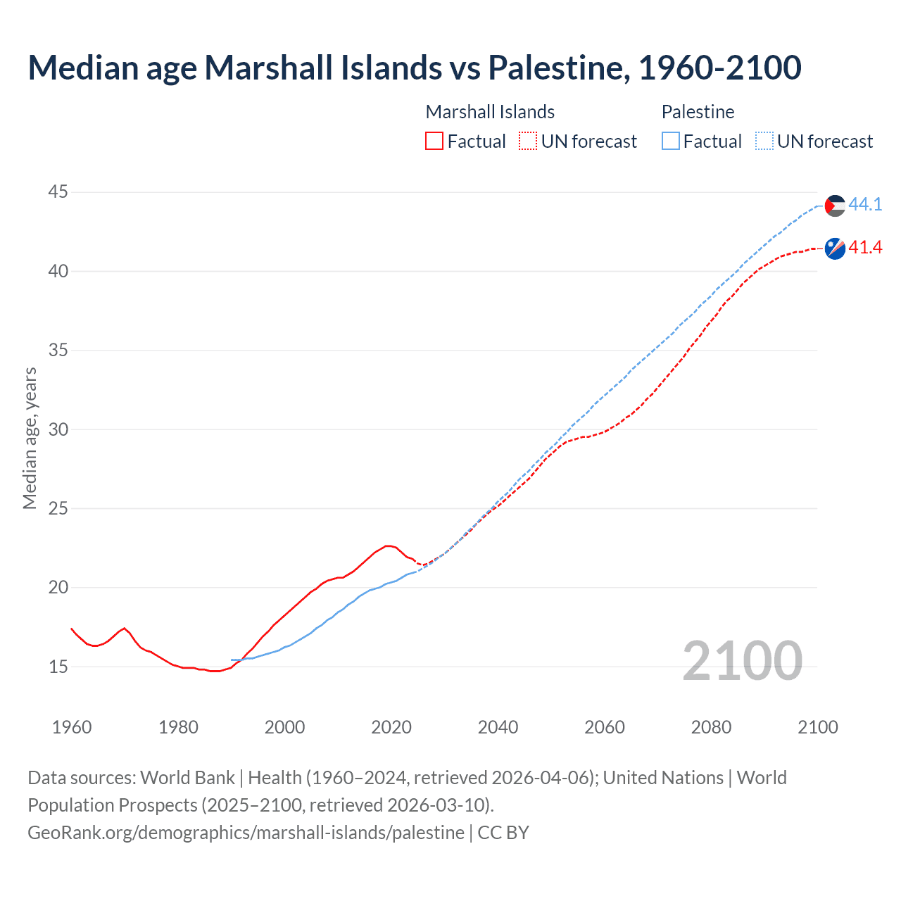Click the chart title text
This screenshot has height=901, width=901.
pyautogui.click(x=414, y=68)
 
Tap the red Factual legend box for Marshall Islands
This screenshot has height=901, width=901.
pyautogui.click(x=434, y=141)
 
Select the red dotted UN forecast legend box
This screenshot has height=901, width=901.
pyautogui.click(x=528, y=141)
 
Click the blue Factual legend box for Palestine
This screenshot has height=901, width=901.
pyautogui.click(x=671, y=141)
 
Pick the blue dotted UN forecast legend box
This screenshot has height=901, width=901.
pyautogui.click(x=764, y=141)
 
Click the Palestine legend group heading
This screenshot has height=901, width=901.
pyautogui.click(x=698, y=112)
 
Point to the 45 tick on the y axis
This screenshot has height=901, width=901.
pyautogui.click(x=58, y=191)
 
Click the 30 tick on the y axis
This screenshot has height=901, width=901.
pyautogui.click(x=58, y=429)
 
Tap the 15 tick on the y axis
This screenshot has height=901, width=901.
pyautogui.click(x=58, y=667)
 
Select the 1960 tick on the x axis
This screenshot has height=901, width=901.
pyautogui.click(x=72, y=727)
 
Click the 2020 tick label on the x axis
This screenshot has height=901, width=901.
pyautogui.click(x=391, y=727)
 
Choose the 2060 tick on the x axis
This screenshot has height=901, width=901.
pyautogui.click(x=605, y=727)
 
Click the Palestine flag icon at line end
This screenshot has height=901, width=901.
pyautogui.click(x=835, y=206)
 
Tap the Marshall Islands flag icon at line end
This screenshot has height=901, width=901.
pyautogui.click(x=835, y=248)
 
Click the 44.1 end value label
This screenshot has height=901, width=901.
pyautogui.click(x=865, y=205)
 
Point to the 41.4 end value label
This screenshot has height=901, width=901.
pyautogui.click(x=865, y=248)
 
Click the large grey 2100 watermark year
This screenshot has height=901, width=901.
pyautogui.click(x=742, y=660)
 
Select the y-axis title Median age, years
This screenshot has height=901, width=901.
pyautogui.click(x=30, y=438)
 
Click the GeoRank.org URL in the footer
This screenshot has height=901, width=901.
pyautogui.click(x=246, y=833)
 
